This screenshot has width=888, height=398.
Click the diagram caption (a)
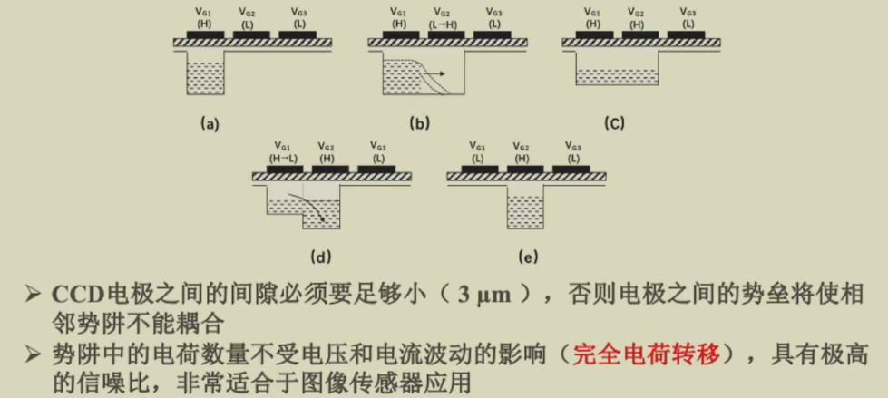(x=209, y=124)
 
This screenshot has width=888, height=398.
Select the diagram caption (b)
(x=420, y=124)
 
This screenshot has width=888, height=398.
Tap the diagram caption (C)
(x=614, y=124)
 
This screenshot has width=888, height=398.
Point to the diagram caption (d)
(x=320, y=257)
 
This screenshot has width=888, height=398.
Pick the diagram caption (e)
(x=527, y=257)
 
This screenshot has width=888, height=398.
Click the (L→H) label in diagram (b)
(x=445, y=24)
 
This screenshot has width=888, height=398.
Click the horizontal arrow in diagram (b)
(x=435, y=73)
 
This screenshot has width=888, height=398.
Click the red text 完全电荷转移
(x=646, y=355)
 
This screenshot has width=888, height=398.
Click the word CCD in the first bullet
(x=79, y=295)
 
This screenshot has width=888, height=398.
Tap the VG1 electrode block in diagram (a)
(x=205, y=34)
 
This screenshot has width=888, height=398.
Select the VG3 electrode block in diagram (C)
(x=686, y=34)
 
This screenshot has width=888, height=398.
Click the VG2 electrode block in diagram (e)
(x=525, y=169)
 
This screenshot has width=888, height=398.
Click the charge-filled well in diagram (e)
(x=525, y=212)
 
